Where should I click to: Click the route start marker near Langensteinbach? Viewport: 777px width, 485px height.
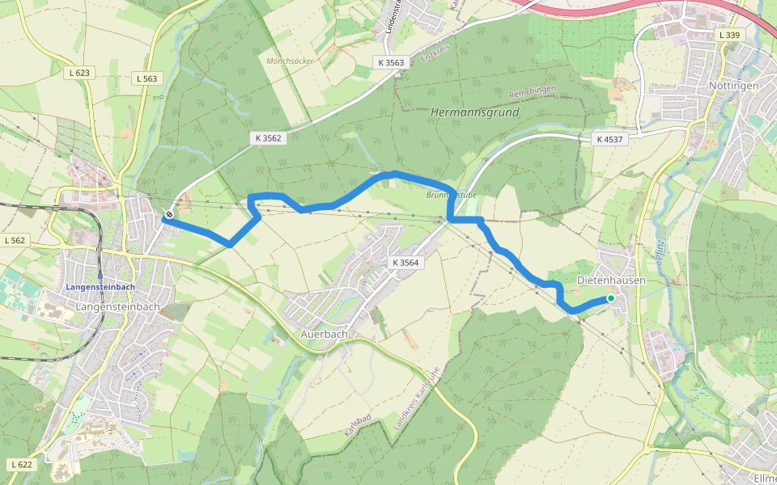169,215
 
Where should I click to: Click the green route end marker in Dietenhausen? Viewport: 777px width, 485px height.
611,298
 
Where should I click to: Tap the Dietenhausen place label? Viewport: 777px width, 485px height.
611,280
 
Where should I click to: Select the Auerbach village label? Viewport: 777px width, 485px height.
324,333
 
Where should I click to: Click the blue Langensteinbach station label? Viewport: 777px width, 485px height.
100,287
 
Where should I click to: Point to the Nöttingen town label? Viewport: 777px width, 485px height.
733,85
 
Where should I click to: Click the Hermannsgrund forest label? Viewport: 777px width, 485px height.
475,112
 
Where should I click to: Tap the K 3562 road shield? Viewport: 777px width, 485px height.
265,138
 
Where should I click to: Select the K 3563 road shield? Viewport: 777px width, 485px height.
390,61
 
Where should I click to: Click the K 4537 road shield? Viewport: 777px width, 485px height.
609,139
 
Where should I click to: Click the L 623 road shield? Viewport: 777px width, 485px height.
79,73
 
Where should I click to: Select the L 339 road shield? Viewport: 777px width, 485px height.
729,35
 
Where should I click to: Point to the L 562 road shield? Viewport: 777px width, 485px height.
15,240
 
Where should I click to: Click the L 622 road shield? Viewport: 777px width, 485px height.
23,464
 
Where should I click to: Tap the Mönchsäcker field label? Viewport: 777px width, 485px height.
289,61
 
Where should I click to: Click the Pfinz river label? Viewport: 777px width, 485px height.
660,248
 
